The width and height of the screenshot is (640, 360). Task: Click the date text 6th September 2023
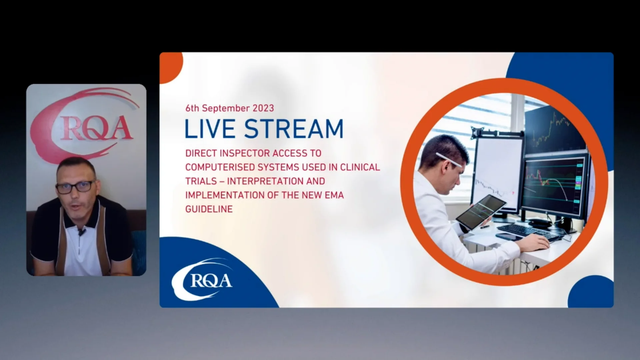(x=230, y=108)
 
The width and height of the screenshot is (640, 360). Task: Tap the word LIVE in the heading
(x=210, y=129)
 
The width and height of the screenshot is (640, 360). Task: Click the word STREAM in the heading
(x=294, y=129)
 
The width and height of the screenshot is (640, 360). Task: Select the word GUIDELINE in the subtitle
(x=209, y=209)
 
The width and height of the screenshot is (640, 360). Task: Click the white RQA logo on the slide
(x=203, y=280)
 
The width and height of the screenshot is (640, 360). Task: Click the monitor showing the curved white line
(x=553, y=187)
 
